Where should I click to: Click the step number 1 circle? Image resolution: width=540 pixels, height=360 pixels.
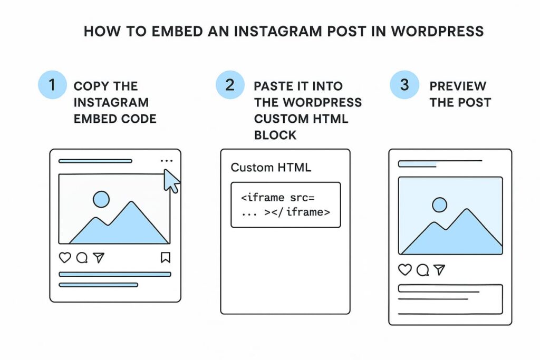(x=52, y=85)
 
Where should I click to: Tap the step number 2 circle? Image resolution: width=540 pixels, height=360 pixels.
(x=230, y=85)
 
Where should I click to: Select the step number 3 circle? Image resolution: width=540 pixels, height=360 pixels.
(x=404, y=85)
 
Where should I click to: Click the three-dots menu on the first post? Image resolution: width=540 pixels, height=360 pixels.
(x=166, y=161)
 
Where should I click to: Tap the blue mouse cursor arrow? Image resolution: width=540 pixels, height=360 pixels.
(x=171, y=181)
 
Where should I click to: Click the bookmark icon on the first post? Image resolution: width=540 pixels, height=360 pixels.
(x=165, y=257)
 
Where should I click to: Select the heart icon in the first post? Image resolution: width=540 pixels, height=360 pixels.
(x=65, y=257)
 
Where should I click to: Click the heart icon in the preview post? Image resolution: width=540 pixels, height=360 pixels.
(x=404, y=270)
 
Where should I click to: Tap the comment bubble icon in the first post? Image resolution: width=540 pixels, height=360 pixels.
(x=82, y=257)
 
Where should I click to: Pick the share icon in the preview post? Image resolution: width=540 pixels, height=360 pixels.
(x=439, y=270)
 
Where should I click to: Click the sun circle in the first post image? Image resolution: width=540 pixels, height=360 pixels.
(x=101, y=199)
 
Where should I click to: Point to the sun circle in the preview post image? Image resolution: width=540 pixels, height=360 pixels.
(x=439, y=205)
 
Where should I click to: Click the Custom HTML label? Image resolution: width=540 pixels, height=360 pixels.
(x=271, y=168)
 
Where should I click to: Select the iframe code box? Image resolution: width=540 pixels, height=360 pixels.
(x=286, y=205)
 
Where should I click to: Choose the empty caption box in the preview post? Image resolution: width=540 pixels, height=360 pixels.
(x=450, y=299)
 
